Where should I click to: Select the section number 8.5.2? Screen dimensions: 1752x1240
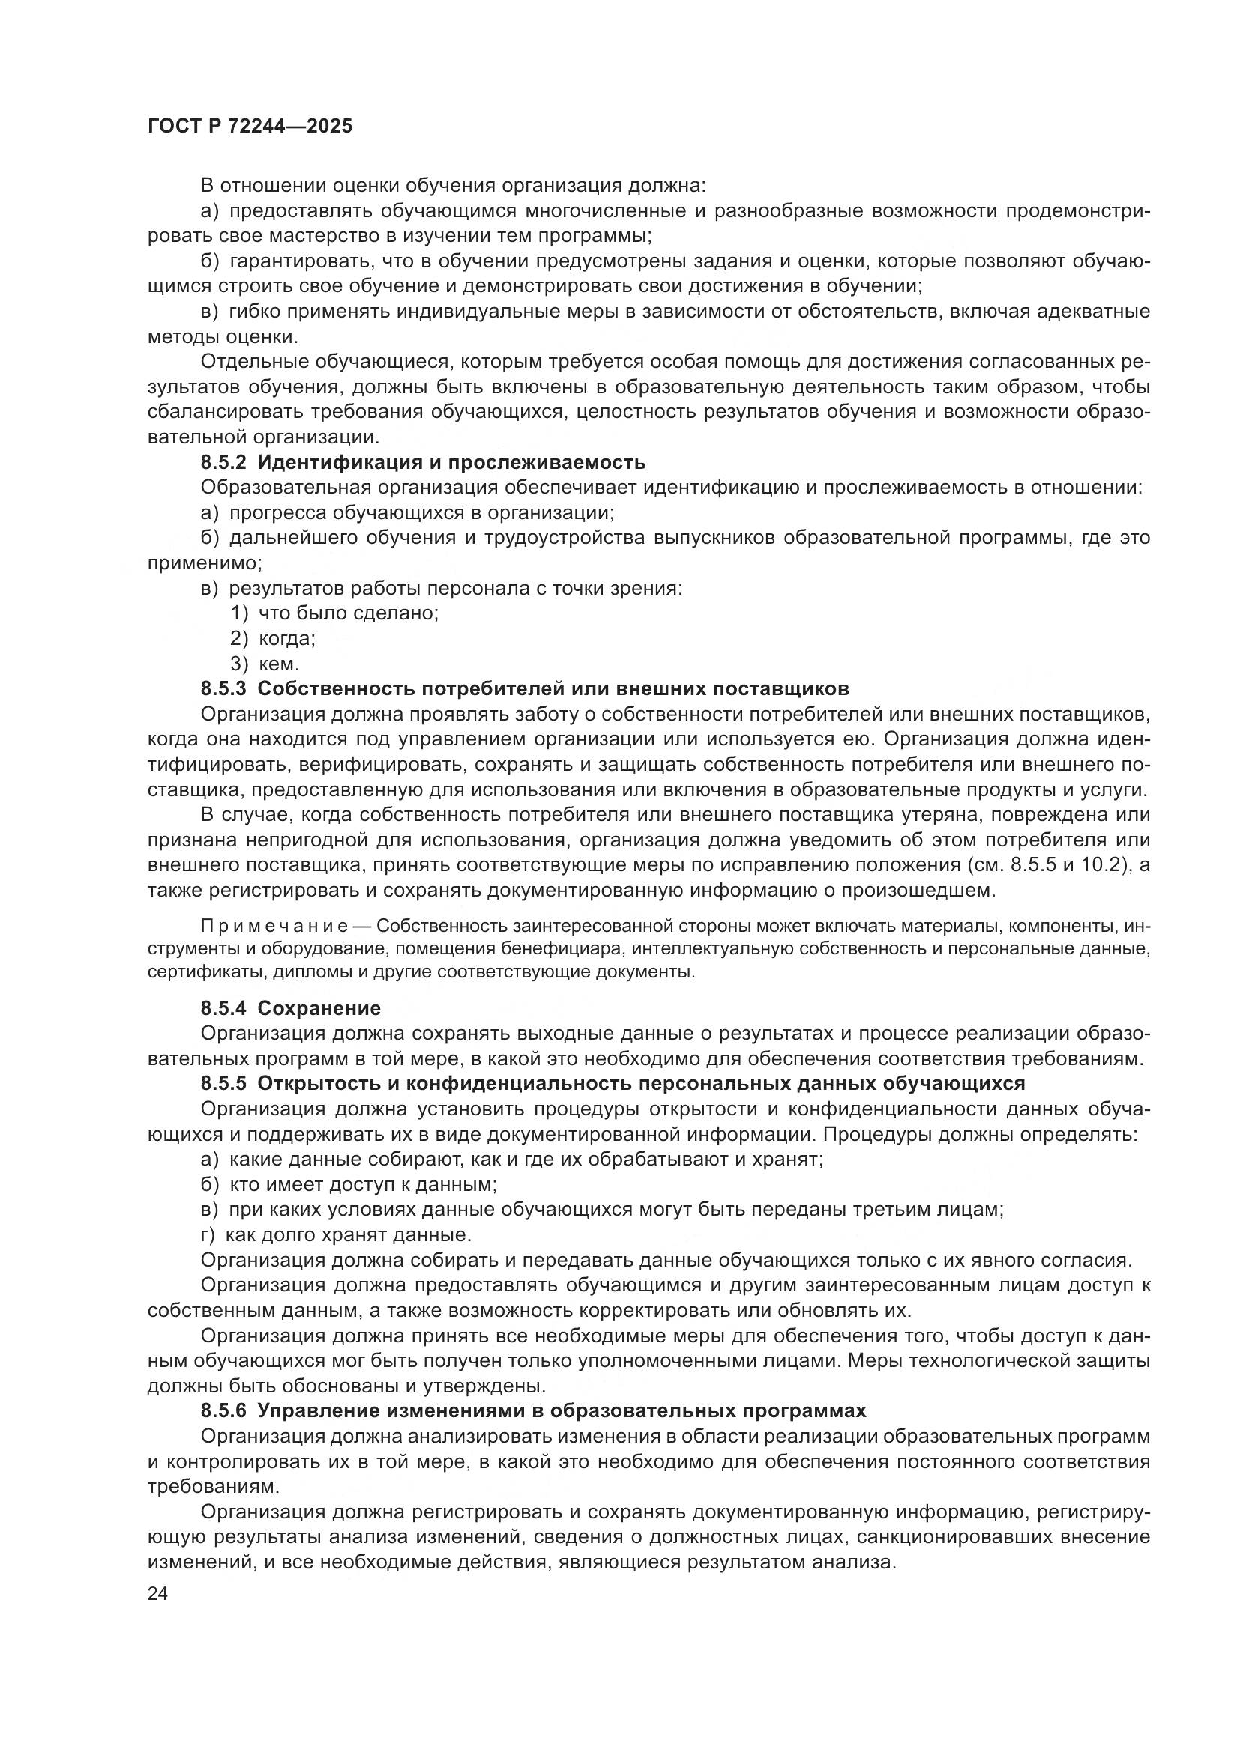click(223, 462)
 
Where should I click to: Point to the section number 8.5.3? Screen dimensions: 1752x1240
click(223, 689)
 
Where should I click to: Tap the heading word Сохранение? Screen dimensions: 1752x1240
click(319, 1009)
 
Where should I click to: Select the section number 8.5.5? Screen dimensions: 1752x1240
click(223, 1084)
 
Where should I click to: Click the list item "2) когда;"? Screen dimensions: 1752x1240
click(273, 639)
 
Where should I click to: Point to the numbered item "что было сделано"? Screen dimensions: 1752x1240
click(347, 613)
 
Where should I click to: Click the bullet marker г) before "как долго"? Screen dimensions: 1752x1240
click(208, 1234)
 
